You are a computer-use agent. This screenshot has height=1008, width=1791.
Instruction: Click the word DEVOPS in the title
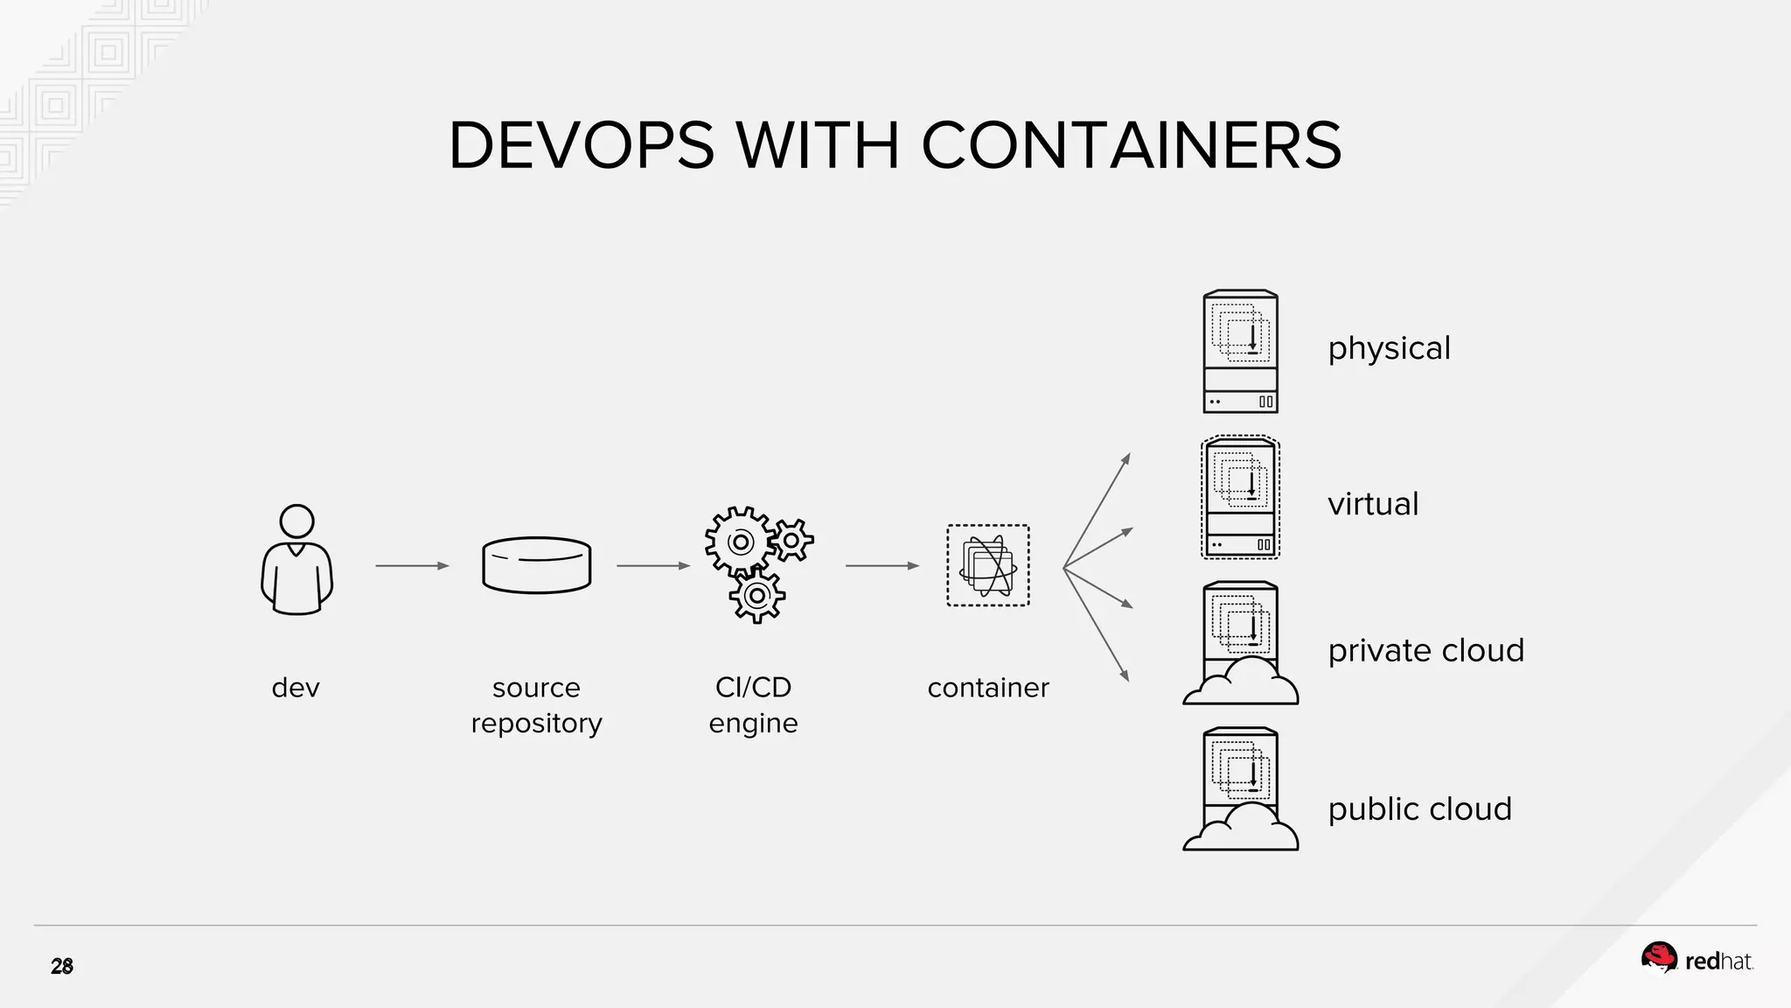coord(582,145)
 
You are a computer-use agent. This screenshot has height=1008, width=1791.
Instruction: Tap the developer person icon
coord(297,560)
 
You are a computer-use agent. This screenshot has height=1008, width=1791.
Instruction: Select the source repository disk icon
coord(536,565)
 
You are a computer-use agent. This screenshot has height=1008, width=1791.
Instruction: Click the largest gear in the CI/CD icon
coord(740,542)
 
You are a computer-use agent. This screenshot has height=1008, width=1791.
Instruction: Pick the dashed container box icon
coord(988,565)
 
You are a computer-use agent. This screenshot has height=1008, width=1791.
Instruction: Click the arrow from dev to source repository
coord(412,566)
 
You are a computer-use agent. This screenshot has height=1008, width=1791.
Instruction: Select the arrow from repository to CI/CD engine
coord(652,566)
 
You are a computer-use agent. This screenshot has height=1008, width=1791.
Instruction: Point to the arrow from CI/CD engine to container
coord(882,566)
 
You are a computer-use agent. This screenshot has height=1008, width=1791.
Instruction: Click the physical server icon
coord(1240,352)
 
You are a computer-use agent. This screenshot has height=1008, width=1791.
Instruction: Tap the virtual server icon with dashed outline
coord(1240,498)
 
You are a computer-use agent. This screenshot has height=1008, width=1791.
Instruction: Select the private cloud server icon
coord(1240,644)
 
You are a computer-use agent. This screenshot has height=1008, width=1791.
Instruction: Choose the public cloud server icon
coord(1240,790)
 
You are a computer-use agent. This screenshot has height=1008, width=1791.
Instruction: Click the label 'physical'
coord(1389,349)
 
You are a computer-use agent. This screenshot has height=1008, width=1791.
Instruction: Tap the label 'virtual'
coord(1373,504)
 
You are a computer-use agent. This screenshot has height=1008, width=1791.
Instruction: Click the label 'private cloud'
coord(1425,651)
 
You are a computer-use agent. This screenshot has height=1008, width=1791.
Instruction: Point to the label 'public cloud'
coord(1419,809)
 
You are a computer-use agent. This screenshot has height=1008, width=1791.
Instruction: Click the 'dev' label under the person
coord(296,688)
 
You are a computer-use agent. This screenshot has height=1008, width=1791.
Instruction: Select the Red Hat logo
coord(1697,960)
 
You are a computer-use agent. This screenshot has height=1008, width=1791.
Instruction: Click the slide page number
coord(62,967)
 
